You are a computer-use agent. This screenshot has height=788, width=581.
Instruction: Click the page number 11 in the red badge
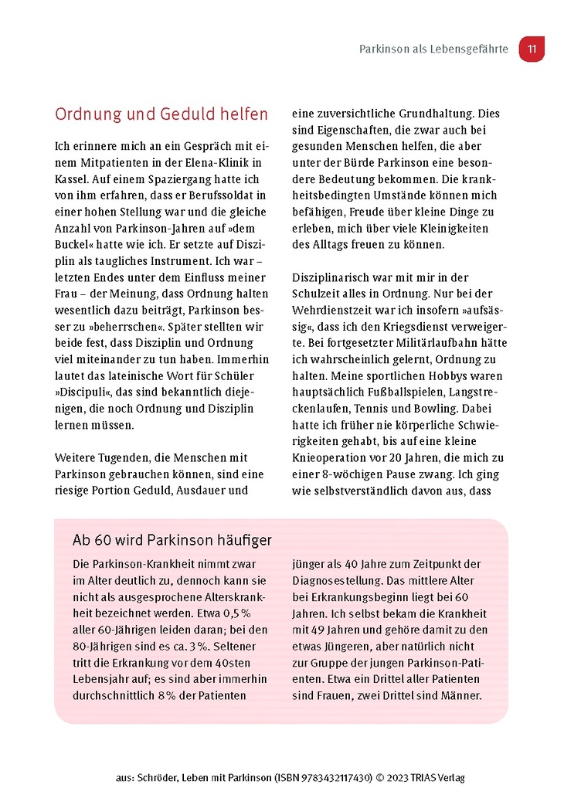pos(532,49)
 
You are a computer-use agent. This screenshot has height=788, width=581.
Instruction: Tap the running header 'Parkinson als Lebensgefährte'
pos(433,49)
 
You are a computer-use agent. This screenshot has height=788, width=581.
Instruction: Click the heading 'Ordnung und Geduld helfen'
pos(161,114)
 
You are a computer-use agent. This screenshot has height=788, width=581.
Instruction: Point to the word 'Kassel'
pos(72,178)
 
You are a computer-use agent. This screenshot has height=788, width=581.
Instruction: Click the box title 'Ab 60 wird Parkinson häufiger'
pos(172,539)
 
